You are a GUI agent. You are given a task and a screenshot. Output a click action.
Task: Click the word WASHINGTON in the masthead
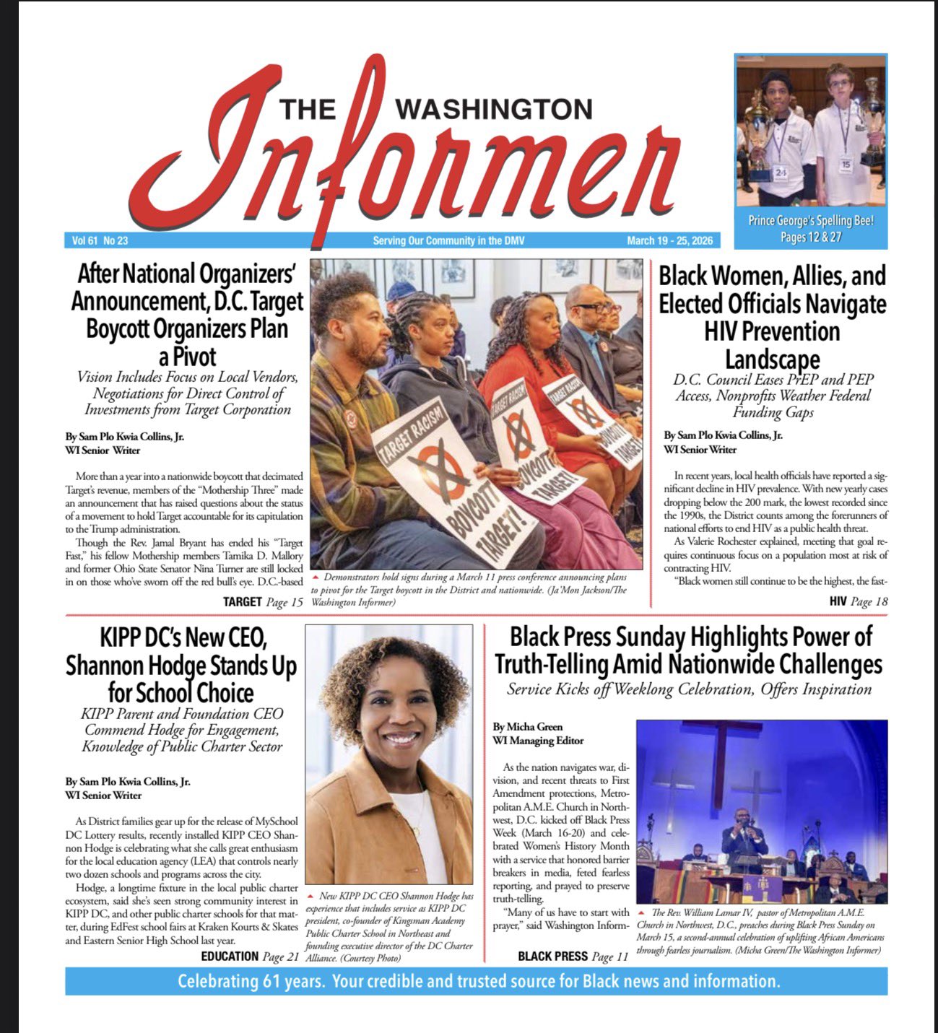[495, 109]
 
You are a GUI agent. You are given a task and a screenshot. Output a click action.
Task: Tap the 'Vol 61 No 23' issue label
[100, 240]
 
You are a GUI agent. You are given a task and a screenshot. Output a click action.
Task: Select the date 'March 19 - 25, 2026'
[669, 240]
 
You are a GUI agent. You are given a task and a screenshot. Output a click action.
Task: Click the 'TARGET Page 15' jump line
[263, 601]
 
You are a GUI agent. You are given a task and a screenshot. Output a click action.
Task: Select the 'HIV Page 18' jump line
[858, 601]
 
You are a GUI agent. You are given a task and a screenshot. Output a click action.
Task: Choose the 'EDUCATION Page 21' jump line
[250, 956]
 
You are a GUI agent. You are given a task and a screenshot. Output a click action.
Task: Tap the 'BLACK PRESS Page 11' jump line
[573, 956]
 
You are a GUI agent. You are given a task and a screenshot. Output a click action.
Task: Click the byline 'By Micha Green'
[528, 727]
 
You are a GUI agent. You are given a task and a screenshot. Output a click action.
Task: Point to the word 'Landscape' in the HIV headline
[773, 359]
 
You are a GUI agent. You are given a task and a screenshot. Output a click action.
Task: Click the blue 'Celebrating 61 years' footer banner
[477, 982]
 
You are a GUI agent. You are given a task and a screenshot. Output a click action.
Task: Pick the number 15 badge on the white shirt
[846, 165]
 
